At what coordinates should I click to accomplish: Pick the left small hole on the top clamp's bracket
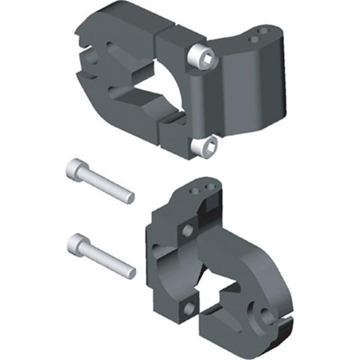tap(255, 39)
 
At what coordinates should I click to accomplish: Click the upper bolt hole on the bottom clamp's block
tap(188, 228)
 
